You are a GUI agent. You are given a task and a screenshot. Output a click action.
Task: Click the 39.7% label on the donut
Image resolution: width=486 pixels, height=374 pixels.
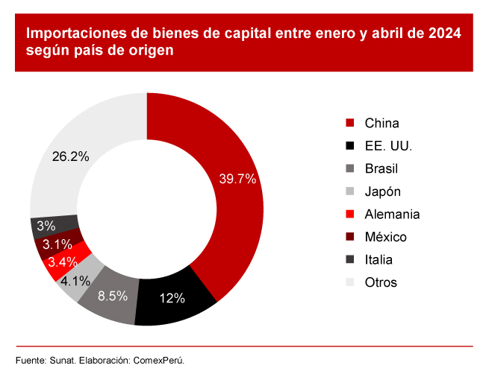pos(237,179)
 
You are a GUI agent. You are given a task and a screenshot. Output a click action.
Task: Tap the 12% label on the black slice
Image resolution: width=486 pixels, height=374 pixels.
pos(172,298)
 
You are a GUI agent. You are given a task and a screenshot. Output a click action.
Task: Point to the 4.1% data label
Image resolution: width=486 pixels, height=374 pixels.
pos(75,281)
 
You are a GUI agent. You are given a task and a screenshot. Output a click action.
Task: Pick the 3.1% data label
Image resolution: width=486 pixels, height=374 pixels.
pos(57,244)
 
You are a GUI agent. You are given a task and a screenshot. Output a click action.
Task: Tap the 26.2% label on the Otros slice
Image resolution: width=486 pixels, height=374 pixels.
pos(71,156)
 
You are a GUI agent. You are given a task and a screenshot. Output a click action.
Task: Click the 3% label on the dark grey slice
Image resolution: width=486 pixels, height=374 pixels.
pos(46,226)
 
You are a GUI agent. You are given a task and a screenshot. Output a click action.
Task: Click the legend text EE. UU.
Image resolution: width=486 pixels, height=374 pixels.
pos(388,146)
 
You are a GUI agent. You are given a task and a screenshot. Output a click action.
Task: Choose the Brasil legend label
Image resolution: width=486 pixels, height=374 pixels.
pos(381,168)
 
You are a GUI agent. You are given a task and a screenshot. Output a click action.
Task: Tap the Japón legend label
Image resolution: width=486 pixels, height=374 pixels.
pos(382,191)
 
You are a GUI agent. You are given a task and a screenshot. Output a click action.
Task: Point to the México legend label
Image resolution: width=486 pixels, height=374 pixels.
pos(385,237)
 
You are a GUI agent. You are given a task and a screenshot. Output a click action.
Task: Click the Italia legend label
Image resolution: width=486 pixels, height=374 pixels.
pos(378,260)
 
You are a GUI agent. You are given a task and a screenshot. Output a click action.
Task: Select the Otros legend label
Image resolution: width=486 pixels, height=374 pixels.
pos(381,282)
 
